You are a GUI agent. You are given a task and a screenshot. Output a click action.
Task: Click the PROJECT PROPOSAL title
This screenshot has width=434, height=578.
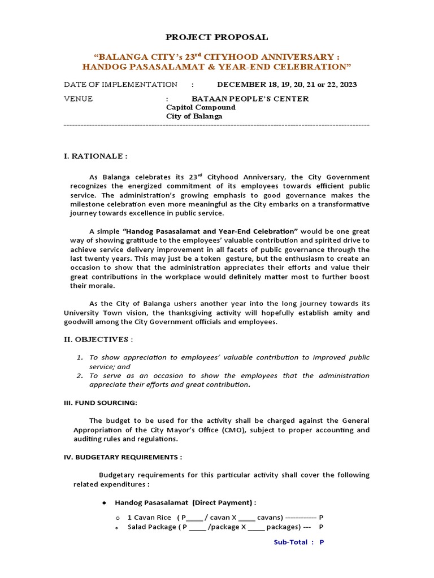216,37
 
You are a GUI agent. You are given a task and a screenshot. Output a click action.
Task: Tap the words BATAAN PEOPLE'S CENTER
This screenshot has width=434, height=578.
250,99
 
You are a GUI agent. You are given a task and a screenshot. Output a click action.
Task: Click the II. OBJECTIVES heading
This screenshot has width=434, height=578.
98,340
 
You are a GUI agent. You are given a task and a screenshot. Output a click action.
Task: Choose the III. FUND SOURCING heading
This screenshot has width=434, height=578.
101,402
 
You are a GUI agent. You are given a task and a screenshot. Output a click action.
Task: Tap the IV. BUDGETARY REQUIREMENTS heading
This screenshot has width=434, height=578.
123,457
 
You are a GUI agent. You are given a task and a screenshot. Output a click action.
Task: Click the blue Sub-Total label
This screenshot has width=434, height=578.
290,542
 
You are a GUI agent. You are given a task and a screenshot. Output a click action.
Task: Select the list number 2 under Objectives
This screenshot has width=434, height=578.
80,375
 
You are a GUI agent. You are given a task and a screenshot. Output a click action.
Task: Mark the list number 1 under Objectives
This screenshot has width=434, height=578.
80,357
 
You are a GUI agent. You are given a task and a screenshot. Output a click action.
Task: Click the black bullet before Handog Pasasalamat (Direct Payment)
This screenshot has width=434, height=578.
105,502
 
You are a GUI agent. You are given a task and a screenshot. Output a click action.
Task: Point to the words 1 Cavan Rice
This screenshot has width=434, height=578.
149,517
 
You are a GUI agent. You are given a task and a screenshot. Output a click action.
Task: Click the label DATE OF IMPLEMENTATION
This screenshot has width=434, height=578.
120,85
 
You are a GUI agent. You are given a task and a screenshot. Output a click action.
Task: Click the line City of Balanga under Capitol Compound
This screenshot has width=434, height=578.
194,116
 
